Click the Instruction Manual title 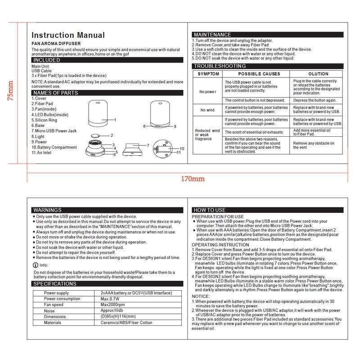pos(68,35)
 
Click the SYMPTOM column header pos(208,74)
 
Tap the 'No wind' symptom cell pos(207,110)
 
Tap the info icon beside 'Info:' pos(36,265)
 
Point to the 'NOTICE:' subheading pos(201,296)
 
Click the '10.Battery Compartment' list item pos(54,147)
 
